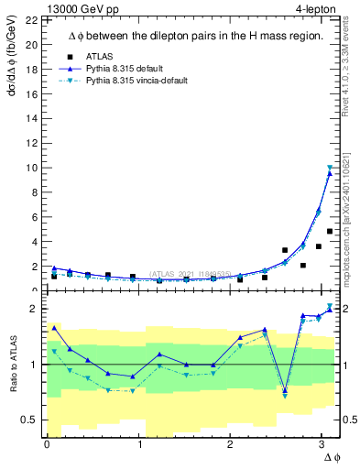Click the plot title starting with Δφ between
194,36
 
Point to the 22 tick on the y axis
31,20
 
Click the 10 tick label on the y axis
31,168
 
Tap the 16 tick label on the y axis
31,93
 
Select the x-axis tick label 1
139,444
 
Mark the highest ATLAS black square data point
330,231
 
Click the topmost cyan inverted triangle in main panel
330,168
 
